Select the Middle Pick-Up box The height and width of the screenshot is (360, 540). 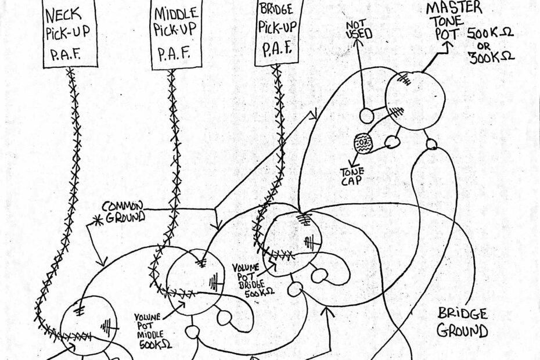[x=175, y=35]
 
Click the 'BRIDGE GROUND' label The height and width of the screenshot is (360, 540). [x=462, y=323]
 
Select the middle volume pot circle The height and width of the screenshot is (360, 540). [x=195, y=282]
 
